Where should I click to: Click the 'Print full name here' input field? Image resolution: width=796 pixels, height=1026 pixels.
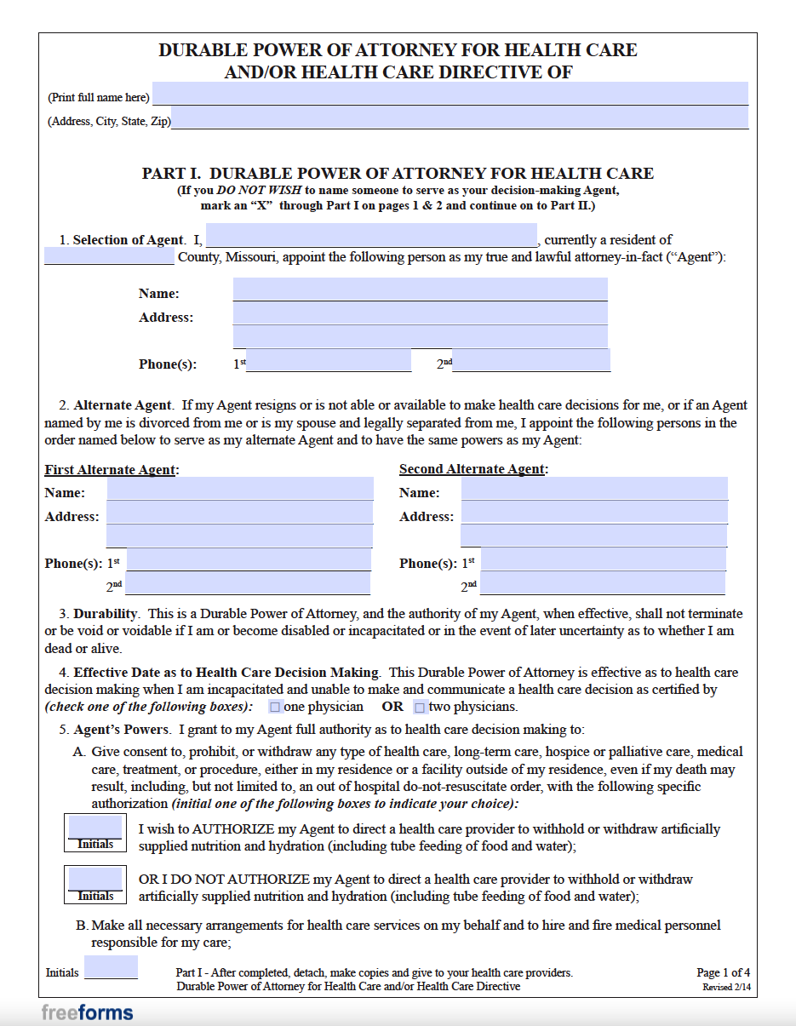(450, 94)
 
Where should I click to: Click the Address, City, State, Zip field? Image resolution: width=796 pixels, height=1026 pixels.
(460, 118)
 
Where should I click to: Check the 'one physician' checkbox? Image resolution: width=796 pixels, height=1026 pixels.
(275, 708)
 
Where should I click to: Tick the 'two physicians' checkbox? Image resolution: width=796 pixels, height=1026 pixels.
(419, 708)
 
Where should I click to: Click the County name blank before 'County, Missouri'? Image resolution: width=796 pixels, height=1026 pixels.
(109, 256)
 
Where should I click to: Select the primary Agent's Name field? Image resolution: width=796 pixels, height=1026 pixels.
(420, 289)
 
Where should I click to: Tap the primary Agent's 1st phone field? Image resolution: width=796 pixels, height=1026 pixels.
(329, 361)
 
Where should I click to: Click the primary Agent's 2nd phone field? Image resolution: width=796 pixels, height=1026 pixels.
(531, 361)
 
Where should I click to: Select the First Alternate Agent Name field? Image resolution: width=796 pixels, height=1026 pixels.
(239, 489)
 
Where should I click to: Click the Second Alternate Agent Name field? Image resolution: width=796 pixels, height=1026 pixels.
(594, 489)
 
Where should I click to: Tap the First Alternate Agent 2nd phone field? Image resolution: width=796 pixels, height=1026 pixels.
(248, 583)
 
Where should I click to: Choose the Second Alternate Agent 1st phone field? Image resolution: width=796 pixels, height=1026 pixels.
(603, 559)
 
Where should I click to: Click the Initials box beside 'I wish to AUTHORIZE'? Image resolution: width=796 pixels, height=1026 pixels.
(95, 828)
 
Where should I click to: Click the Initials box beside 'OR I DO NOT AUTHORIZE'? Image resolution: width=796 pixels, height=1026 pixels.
(95, 879)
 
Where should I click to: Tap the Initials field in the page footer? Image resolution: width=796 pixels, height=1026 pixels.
(111, 967)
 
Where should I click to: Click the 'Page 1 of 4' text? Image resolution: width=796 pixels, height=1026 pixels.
(723, 972)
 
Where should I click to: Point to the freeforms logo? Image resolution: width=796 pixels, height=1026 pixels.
(87, 1012)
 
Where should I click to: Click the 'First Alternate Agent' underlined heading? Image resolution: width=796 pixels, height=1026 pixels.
(111, 469)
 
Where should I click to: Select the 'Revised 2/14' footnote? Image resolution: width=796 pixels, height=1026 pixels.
(726, 988)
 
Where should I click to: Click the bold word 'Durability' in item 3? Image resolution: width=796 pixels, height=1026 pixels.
(105, 614)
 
